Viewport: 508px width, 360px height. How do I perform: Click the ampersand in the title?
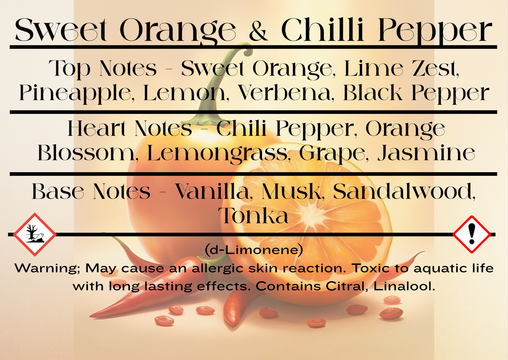(x=258, y=31)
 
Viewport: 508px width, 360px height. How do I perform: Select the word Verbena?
(x=284, y=93)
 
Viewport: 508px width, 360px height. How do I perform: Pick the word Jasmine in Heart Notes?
(x=426, y=153)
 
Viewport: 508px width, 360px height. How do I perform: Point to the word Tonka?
(x=253, y=216)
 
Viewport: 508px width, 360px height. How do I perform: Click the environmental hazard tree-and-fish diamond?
(x=35, y=234)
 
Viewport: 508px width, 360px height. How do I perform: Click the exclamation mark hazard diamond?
(x=471, y=234)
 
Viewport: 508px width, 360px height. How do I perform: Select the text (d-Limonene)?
(x=254, y=250)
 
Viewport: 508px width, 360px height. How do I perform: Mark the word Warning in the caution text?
(x=47, y=268)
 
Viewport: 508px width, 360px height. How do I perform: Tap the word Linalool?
(x=404, y=286)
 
